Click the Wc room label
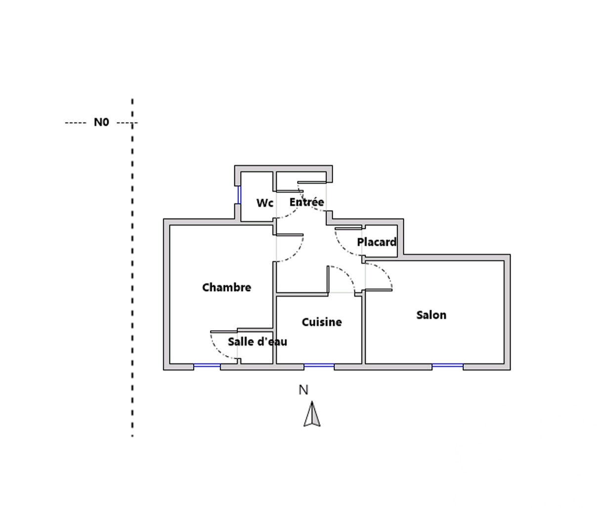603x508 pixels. pos(265,203)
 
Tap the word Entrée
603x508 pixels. pos(307,202)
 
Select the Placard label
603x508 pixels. pos(377,242)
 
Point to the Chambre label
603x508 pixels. pos(227,288)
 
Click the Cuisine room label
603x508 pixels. pos(322,322)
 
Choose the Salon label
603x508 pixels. pos(431,315)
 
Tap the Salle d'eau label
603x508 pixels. pos(258,341)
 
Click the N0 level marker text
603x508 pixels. pos(101,122)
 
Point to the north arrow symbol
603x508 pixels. pos(312,414)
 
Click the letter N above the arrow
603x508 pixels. pos(303,390)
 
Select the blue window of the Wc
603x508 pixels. pos(239,195)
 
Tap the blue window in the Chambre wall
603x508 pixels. pos(207,366)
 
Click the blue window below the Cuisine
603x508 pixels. pos(319,366)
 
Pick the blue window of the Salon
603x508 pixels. pos(447,366)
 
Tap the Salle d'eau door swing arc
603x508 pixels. pos(218,351)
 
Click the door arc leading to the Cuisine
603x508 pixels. pos(347,274)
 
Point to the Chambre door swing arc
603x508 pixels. pos(296,254)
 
